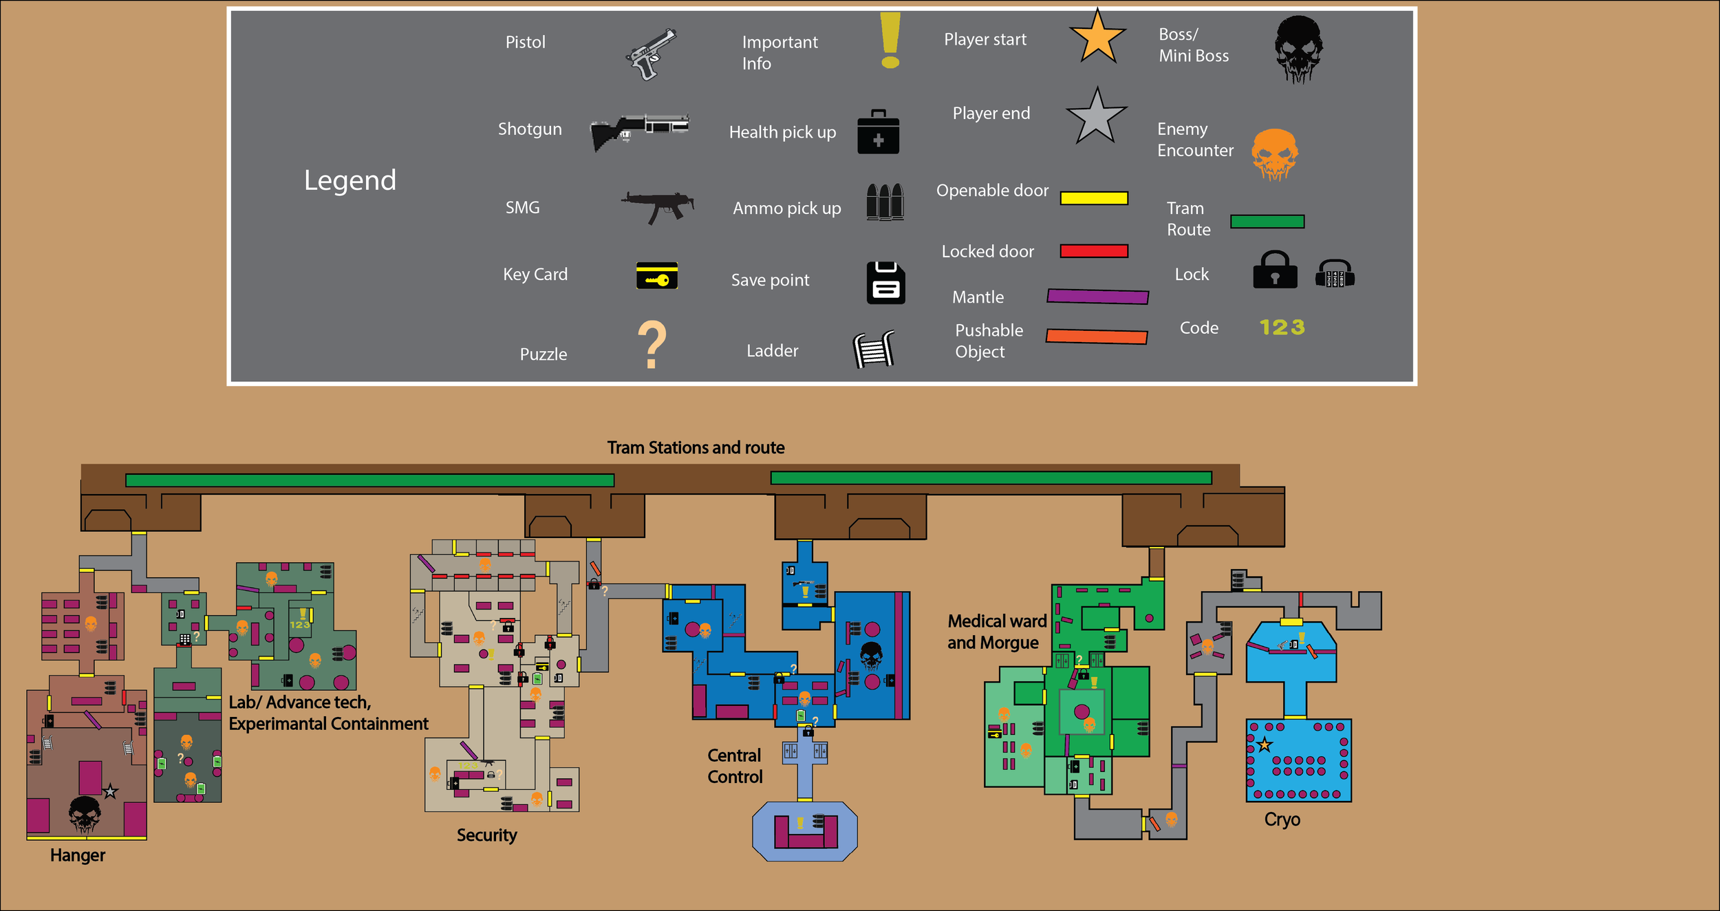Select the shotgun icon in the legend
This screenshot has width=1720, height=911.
[639, 131]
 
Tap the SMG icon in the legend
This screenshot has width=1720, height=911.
[657, 206]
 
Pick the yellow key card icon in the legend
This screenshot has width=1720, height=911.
[657, 276]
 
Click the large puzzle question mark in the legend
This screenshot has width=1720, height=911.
[652, 345]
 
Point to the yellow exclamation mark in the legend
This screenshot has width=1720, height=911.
[890, 40]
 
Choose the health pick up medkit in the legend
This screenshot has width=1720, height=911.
[878, 132]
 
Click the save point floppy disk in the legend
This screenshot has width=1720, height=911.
[885, 282]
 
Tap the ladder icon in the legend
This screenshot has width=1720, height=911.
[874, 349]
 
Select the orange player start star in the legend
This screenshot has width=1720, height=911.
[1097, 39]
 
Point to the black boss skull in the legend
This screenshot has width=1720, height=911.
[1298, 49]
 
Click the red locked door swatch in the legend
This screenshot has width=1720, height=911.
[1094, 251]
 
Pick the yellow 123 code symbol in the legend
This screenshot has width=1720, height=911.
[1282, 328]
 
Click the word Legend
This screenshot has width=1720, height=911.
[350, 180]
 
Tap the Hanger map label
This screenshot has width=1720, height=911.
[78, 855]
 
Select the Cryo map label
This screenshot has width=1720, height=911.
[1282, 819]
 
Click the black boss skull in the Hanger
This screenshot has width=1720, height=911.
[85, 814]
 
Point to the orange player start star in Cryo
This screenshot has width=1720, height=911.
[1265, 744]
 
